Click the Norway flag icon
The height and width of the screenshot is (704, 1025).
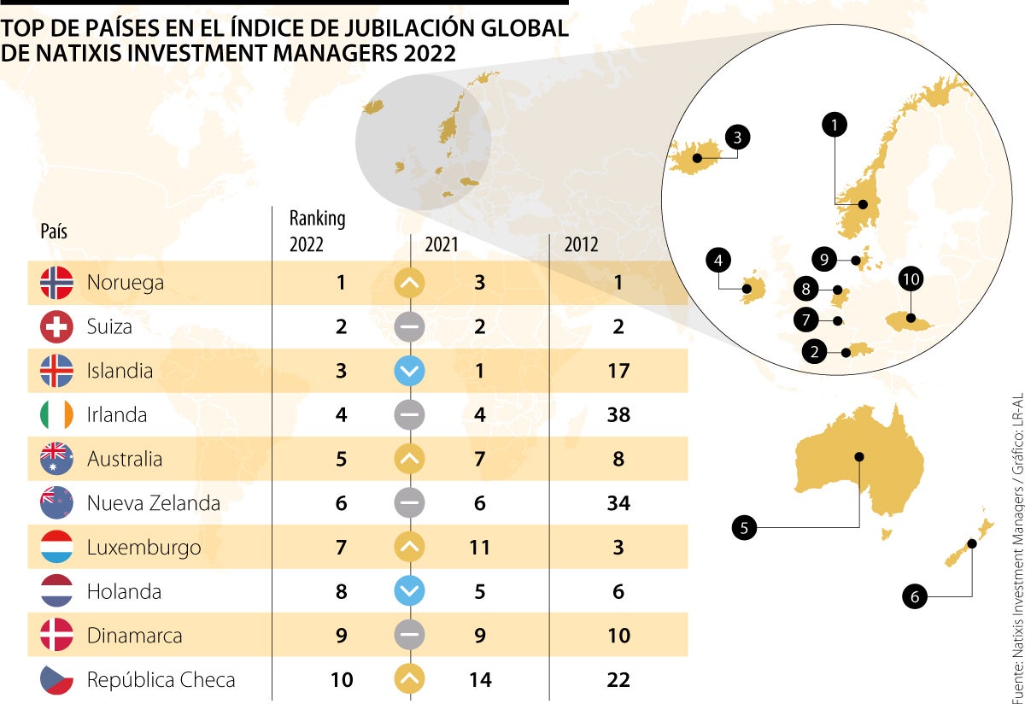[56, 283]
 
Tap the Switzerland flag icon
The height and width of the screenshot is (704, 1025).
[56, 327]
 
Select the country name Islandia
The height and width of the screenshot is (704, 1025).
[120, 371]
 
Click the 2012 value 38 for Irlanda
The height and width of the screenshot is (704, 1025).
[618, 415]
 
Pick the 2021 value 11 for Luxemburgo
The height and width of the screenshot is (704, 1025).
[479, 547]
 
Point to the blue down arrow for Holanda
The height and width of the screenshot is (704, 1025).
[410, 591]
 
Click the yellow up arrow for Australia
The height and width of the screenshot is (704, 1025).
[410, 459]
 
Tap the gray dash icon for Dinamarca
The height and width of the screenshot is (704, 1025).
[410, 636]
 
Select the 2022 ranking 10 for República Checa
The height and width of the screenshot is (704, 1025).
[341, 680]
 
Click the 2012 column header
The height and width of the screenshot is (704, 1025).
[582, 244]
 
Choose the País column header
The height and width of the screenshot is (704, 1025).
[54, 232]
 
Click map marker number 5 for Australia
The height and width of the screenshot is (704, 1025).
[744, 528]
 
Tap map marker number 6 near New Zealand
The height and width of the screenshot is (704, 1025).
[915, 597]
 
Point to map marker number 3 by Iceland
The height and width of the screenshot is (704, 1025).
[737, 137]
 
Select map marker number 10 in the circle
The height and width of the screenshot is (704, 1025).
[911, 279]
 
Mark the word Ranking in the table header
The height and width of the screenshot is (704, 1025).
[317, 219]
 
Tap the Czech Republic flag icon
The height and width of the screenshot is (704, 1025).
[56, 680]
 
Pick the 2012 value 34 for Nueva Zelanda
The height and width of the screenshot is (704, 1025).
[618, 503]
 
